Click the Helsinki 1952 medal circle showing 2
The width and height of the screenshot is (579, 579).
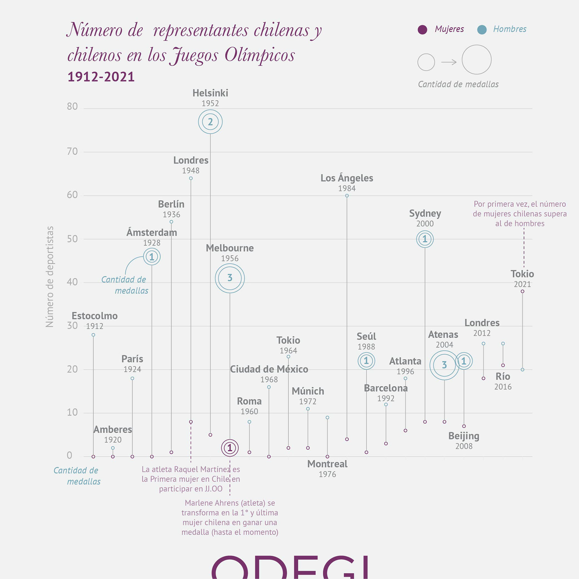210,122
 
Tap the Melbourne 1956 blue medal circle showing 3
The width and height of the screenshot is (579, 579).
230,278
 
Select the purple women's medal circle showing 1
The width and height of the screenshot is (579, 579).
230,448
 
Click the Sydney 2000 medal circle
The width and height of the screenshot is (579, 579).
425,239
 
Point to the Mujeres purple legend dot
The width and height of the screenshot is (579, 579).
422,30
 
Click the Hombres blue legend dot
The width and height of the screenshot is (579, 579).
482,30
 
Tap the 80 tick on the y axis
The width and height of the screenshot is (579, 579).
72,106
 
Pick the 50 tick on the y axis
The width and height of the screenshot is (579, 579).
72,239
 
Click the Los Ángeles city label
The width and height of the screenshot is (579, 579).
347,178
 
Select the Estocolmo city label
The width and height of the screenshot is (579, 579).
95,316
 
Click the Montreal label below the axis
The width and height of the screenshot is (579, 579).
327,464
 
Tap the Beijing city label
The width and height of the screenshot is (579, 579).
464,436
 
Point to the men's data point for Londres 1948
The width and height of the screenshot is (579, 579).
191,179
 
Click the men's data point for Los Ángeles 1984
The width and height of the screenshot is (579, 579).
347,196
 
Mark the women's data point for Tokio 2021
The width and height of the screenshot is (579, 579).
522,291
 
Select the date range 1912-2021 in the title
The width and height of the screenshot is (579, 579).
101,77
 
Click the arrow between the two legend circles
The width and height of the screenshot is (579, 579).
449,62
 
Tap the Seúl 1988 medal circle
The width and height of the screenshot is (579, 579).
366,361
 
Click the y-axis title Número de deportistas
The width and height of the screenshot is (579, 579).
49,277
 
